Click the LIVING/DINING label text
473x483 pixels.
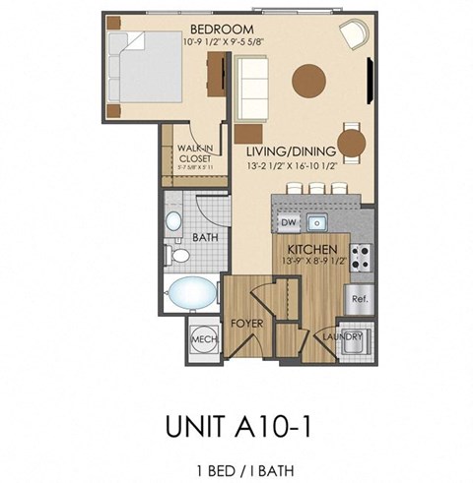pos(293,151)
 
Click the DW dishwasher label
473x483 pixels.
pos(289,222)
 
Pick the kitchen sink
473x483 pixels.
pos(318,221)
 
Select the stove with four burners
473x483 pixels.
pos(360,257)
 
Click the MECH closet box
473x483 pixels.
pos(203,340)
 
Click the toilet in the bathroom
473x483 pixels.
pos(178,255)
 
